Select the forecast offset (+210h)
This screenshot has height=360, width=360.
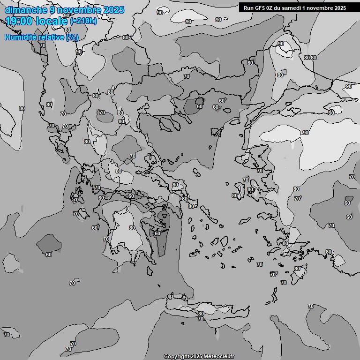(x=83, y=21)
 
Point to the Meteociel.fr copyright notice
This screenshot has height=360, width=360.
(x=199, y=356)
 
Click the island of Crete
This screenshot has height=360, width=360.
(x=206, y=309)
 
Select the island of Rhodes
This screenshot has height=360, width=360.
(x=296, y=272)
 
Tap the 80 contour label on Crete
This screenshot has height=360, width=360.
(x=201, y=314)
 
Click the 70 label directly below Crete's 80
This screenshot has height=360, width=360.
(x=201, y=319)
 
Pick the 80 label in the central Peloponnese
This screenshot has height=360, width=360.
(x=132, y=228)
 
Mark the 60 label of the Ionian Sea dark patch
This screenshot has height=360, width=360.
(x=49, y=255)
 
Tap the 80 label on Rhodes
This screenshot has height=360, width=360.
(x=297, y=269)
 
